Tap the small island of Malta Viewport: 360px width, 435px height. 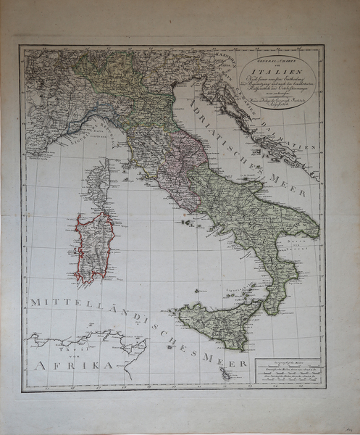(x=226, y=375)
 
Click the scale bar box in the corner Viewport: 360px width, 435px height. (x=287, y=373)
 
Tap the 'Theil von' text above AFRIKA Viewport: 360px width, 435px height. (x=72, y=347)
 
